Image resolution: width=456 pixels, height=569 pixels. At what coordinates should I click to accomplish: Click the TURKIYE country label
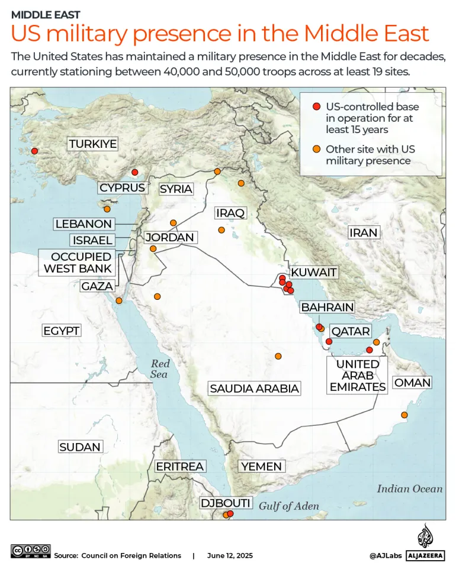pos(92,144)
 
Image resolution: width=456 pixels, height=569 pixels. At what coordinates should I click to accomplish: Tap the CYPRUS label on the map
pos(122,187)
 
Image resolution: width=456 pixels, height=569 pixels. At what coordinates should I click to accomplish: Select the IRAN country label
pos(363,232)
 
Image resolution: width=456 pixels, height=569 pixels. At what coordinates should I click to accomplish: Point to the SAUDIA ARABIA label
pos(254,389)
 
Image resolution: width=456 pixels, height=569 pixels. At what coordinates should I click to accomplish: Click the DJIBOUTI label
pos(226,503)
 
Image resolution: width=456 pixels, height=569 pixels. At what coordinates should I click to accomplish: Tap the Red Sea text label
pos(159,369)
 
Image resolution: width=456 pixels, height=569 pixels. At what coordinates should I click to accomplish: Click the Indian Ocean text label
pos(409,489)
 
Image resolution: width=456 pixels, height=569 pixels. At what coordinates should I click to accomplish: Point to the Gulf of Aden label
pos(288,506)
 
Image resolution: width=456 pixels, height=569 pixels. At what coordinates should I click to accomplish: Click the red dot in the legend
pos(316,106)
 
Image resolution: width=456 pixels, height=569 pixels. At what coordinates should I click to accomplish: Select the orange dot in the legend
pos(316,149)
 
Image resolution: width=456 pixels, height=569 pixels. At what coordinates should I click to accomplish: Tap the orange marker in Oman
pos(404,415)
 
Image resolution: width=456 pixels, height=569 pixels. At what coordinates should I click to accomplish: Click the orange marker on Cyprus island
pos(107,209)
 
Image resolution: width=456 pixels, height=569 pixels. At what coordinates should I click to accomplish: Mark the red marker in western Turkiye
pos(34,151)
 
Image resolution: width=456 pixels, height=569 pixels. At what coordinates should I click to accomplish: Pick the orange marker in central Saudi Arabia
pos(278,356)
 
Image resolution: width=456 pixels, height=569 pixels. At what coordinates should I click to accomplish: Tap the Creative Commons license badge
pos(31,551)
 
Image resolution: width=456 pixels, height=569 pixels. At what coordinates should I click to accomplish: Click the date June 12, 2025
pos(230,555)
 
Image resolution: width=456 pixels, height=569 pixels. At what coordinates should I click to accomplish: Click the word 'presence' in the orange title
pos(192,34)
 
